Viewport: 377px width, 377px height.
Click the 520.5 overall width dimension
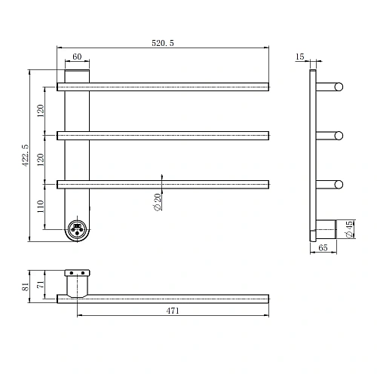click(x=162, y=44)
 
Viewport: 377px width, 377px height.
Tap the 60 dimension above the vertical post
click(x=77, y=57)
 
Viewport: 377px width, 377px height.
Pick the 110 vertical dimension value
click(x=40, y=205)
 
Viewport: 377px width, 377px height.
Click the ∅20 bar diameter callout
click(x=157, y=201)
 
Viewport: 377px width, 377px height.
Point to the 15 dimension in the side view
click(x=300, y=57)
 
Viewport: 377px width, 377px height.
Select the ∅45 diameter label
click(x=349, y=229)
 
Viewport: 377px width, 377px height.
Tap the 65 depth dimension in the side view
click(x=322, y=247)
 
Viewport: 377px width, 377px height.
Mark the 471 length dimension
click(x=173, y=311)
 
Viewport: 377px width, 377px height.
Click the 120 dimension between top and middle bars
click(x=40, y=111)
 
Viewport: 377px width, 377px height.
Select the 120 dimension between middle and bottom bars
click(x=40, y=158)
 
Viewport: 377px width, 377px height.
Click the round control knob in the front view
click(x=77, y=228)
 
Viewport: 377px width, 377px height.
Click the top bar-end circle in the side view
click(x=339, y=87)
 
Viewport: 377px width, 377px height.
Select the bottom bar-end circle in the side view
click(x=339, y=184)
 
